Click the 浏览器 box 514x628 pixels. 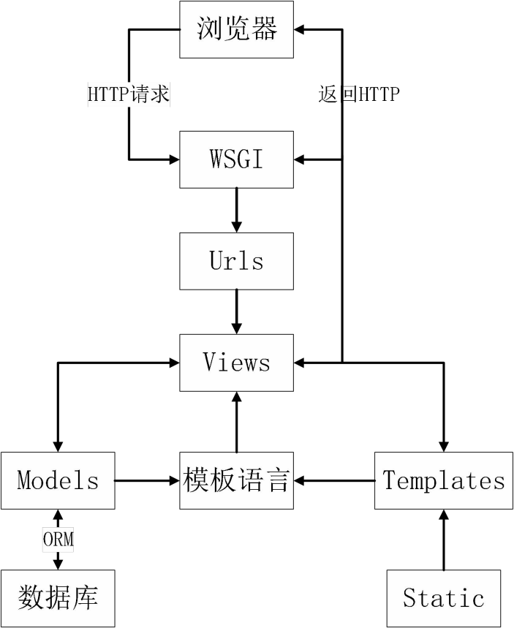pos(236,29)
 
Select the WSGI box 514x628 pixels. pos(236,159)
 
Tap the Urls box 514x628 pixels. pos(236,261)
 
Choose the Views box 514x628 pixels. pos(236,363)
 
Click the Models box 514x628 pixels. pos(58,480)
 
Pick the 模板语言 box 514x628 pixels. pos(236,480)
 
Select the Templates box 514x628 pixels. pos(444,480)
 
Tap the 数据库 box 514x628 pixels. pos(58,598)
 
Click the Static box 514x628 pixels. pos(443,598)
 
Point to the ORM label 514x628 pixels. pos(58,540)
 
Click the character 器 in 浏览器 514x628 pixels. pos(264,29)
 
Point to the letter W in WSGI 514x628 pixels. pos(217,159)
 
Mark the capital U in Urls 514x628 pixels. pos(216,261)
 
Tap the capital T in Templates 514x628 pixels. pos(390,480)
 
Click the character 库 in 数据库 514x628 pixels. pos(85,598)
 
